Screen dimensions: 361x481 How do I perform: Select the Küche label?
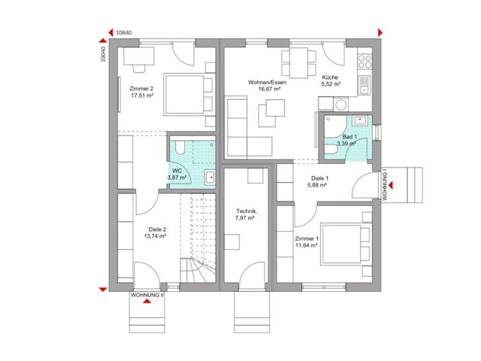tap(331, 78)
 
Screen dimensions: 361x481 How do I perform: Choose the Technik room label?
tap(246, 212)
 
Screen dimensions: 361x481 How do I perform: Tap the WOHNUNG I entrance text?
tap(384, 184)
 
